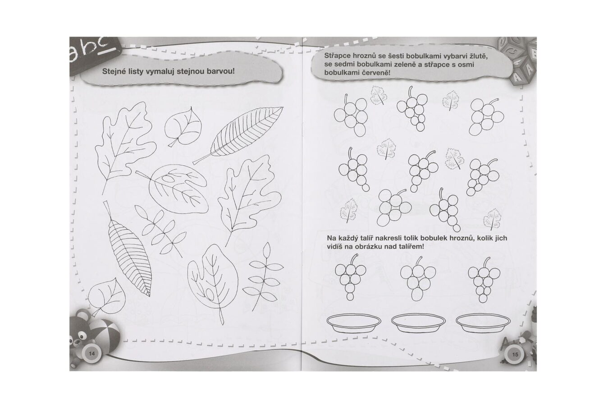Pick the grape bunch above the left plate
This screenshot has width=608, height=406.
(350, 277)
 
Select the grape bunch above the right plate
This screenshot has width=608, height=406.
(484, 280)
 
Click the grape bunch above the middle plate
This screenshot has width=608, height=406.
(418, 278)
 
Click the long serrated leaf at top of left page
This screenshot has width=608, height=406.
(238, 135)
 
